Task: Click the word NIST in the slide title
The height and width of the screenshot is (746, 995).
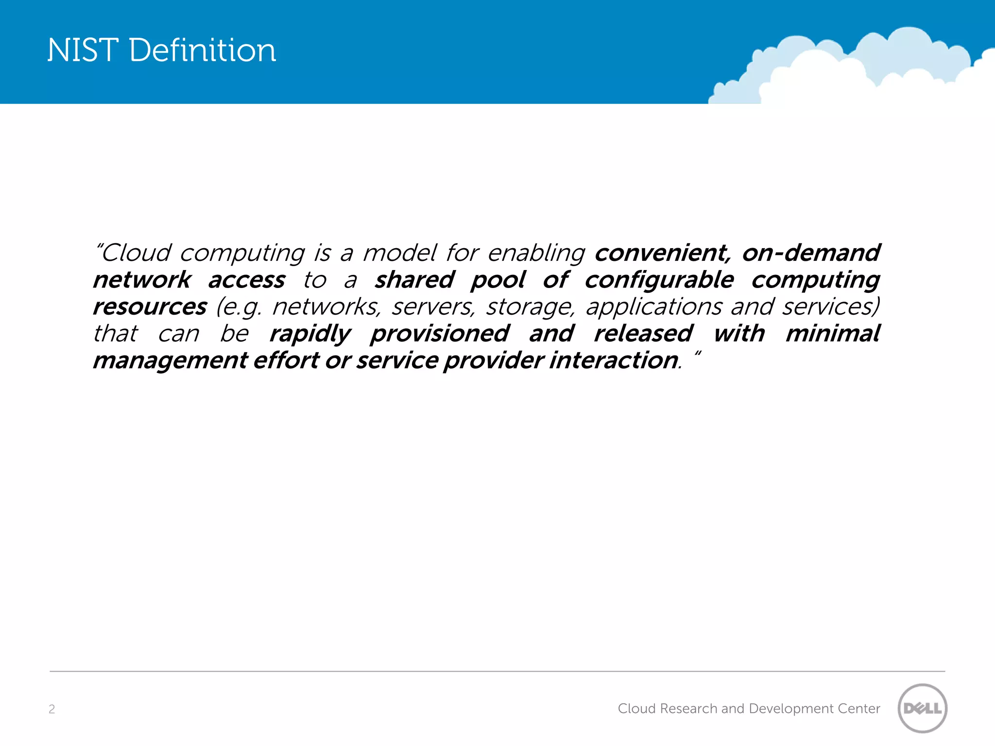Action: pos(83,50)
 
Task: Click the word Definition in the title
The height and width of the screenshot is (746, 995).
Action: pos(203,50)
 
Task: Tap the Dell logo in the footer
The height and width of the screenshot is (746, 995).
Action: pos(922,708)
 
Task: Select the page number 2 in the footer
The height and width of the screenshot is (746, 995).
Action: pos(52,709)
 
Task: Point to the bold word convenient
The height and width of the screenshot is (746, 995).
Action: pos(663,253)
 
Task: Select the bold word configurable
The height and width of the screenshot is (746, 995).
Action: pos(659,280)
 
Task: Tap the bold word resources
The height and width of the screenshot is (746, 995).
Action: pos(150,307)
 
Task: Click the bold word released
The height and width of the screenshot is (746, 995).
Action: pos(643,334)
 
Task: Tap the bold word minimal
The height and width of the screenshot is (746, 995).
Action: pos(832,334)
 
